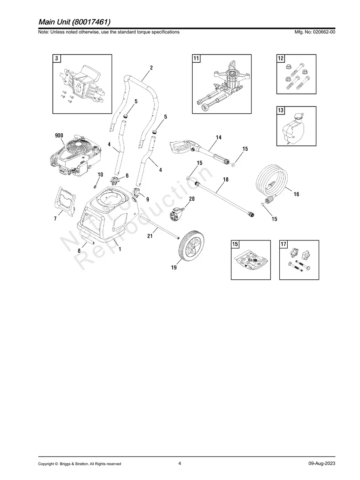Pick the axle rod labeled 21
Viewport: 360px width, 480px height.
159,229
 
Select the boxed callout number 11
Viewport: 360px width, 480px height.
196,59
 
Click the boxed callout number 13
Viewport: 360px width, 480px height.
281,110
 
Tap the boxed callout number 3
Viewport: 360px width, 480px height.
57,59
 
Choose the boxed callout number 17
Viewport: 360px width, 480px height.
284,244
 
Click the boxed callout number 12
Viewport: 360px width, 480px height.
281,59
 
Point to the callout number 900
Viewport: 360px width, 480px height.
59,135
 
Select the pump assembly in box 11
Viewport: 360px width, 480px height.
225,85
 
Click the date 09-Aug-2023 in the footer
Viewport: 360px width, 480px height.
321,464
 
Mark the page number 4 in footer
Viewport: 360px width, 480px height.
180,463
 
